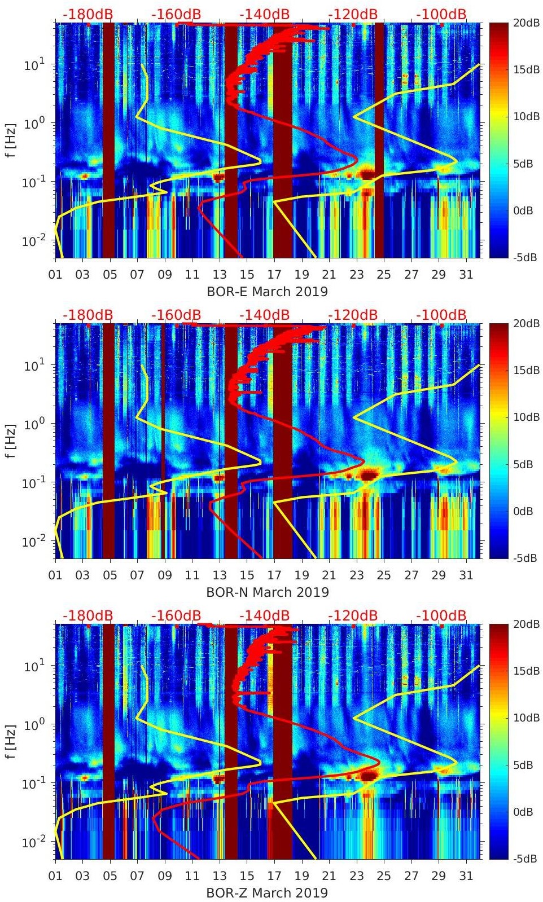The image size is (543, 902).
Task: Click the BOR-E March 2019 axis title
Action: point(267,292)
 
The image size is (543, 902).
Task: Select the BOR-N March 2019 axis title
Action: point(267,592)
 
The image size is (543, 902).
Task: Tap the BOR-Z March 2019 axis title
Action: point(267,893)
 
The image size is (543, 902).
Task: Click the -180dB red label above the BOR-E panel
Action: point(87,14)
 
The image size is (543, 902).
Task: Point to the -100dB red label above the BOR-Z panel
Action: point(441,615)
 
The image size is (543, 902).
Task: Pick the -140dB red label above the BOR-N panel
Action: point(264,315)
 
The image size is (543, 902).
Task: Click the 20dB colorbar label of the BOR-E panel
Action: point(526,23)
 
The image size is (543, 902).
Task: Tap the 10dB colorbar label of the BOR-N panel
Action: point(526,417)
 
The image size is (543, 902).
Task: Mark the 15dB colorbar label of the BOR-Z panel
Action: point(526,671)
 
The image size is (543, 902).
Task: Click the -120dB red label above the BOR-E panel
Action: point(353,14)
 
